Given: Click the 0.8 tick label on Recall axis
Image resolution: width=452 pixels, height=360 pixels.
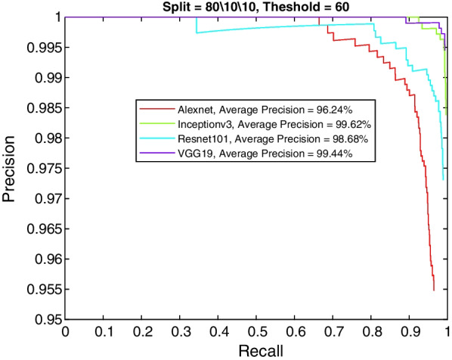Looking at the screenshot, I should tap(371, 331).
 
